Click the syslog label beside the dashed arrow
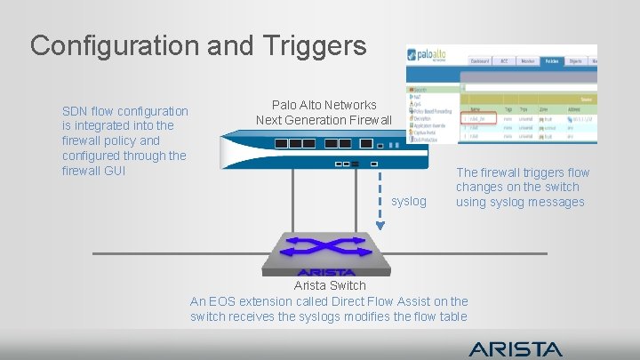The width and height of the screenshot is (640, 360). (409, 202)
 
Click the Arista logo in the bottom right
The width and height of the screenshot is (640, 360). (516, 348)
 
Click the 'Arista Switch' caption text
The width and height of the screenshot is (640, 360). (329, 285)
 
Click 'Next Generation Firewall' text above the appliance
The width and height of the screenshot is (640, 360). (324, 120)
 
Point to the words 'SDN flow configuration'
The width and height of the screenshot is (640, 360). (125, 111)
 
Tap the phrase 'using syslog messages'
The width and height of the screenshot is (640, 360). (520, 202)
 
